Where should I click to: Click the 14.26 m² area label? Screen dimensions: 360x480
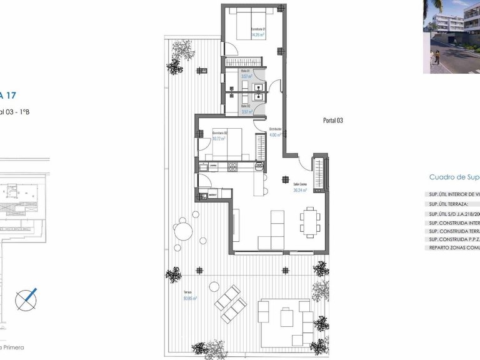258,36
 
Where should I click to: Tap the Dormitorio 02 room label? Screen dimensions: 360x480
219,132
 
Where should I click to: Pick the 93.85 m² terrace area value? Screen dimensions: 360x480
190,299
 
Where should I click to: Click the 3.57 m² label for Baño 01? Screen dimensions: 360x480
246,76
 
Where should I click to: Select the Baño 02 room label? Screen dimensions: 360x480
246,106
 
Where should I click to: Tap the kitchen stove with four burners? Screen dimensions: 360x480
232,167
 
